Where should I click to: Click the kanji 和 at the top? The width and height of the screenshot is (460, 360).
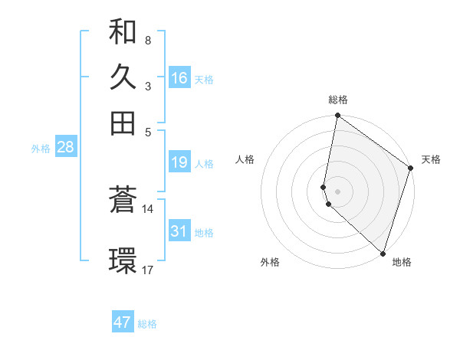(x=123, y=33)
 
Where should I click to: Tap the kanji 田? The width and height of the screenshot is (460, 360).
(x=123, y=122)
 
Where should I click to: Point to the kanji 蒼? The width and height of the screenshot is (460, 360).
(x=123, y=201)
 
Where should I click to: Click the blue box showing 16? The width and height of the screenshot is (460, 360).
(x=179, y=78)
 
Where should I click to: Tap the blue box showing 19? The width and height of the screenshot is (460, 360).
(x=179, y=162)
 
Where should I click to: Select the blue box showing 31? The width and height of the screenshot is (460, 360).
(x=179, y=231)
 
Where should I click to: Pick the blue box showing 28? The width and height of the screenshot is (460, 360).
(x=65, y=147)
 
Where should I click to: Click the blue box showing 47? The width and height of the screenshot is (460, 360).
(x=123, y=322)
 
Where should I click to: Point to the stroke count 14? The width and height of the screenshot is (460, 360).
(x=148, y=208)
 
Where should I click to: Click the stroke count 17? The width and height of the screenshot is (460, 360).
(x=148, y=270)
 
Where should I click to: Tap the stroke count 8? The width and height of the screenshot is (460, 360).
(x=147, y=39)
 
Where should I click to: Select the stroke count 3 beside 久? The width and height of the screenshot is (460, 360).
(x=147, y=87)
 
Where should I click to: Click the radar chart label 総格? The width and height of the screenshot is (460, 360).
(x=338, y=100)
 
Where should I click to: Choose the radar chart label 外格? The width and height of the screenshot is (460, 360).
(x=270, y=262)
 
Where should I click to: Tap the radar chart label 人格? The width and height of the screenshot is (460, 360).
(x=245, y=159)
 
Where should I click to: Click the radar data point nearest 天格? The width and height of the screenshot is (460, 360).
(x=411, y=169)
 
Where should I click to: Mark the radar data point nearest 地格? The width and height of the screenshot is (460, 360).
(x=383, y=253)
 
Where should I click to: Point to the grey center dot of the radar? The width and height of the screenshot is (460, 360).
(x=338, y=191)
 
